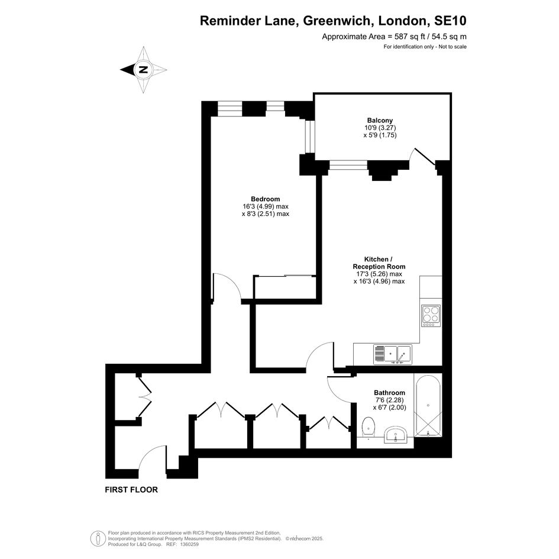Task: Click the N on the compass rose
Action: [143, 70]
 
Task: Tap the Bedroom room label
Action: [265, 199]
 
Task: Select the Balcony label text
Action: [380, 120]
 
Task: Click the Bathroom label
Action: [389, 393]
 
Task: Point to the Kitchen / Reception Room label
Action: [379, 263]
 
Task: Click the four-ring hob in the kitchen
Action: [431, 315]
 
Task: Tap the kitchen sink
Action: [393, 354]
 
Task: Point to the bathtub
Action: [428, 405]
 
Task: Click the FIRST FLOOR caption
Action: [131, 490]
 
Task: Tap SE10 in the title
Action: [450, 21]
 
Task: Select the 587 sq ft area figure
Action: [411, 36]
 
